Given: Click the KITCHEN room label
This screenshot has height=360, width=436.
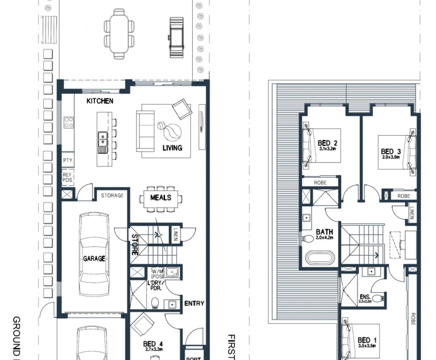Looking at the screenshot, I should pyautogui.click(x=100, y=101).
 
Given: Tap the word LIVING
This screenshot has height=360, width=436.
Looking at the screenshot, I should pyautogui.click(x=172, y=148).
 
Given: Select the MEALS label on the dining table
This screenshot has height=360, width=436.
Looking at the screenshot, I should pyautogui.click(x=161, y=197).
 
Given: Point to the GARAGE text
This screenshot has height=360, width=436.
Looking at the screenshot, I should pyautogui.click(x=94, y=258).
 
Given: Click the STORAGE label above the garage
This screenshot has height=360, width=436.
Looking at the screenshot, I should pyautogui.click(x=112, y=196).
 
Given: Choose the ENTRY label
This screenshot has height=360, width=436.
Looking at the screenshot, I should pyautogui.click(x=194, y=303).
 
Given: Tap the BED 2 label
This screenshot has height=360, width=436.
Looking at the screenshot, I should pyautogui.click(x=328, y=143).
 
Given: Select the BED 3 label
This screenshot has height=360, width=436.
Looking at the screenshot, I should pyautogui.click(x=391, y=152).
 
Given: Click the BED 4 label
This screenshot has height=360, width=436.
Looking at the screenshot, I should pyautogui.click(x=153, y=344).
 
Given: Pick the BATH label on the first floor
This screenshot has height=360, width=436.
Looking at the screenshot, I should pyautogui.click(x=324, y=232).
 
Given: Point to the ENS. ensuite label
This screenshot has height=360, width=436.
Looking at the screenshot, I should pyautogui.click(x=365, y=298).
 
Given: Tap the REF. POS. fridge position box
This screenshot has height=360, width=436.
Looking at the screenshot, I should pyautogui.click(x=67, y=177).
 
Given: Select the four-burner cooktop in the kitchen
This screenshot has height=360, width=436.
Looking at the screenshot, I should pyautogui.click(x=68, y=123).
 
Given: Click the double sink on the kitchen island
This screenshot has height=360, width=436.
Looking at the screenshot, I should pyautogui.click(x=103, y=141).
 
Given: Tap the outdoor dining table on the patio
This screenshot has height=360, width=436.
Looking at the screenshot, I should pyautogui.click(x=122, y=33).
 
